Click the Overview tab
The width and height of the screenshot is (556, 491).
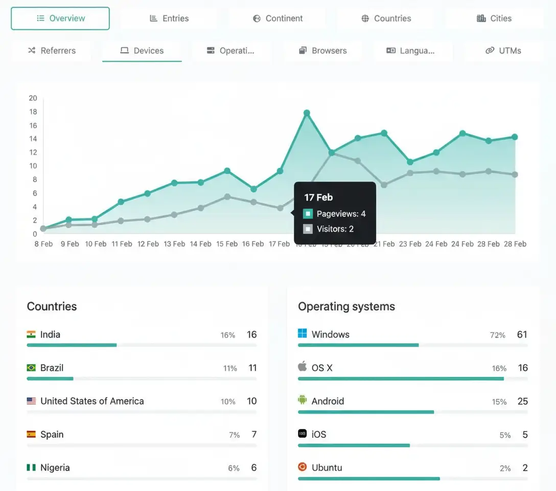click(60, 18)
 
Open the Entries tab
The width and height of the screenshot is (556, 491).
click(169, 18)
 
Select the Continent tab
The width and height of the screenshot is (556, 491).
click(277, 18)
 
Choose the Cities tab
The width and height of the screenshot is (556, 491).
click(494, 18)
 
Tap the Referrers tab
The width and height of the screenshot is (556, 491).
click(51, 51)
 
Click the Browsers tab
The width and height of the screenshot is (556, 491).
click(322, 51)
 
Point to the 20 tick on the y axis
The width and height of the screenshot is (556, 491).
click(33, 98)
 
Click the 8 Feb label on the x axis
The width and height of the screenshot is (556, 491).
click(43, 244)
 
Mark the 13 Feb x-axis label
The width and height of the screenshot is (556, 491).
click(174, 244)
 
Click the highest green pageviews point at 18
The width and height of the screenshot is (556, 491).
click(307, 113)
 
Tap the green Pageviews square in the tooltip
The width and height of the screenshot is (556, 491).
click(308, 214)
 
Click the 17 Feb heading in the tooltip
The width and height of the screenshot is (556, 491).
click(318, 197)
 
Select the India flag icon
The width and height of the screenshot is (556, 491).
click(31, 334)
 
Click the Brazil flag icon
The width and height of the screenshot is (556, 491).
click(31, 368)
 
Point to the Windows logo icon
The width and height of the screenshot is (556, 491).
click(303, 334)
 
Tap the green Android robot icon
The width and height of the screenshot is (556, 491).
click(303, 400)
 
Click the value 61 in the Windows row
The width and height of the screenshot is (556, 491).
click(522, 335)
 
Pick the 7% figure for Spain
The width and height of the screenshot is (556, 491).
click(234, 435)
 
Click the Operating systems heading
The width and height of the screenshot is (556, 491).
click(346, 306)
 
